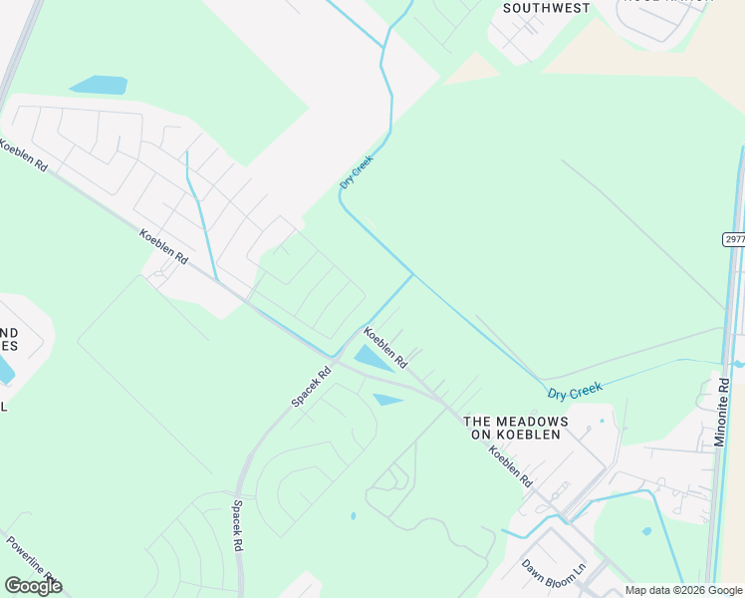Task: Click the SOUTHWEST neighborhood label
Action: [x=546, y=8]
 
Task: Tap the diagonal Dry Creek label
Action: [x=356, y=171]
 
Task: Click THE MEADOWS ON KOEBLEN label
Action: [x=516, y=428]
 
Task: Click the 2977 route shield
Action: [x=733, y=240]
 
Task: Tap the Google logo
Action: [x=33, y=586]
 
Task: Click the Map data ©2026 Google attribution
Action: [x=684, y=590]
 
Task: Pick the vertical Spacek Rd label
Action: [x=238, y=526]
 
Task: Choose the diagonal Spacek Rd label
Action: [x=311, y=387]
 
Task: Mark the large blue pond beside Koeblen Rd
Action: [x=372, y=358]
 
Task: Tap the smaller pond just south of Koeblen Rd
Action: [x=387, y=400]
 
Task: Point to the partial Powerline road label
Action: [x=30, y=559]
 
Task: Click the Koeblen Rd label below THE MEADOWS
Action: [x=509, y=465]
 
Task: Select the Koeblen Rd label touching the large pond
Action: [x=385, y=346]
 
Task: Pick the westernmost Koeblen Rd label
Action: [x=23, y=155]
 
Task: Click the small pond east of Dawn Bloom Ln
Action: [x=647, y=531]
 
